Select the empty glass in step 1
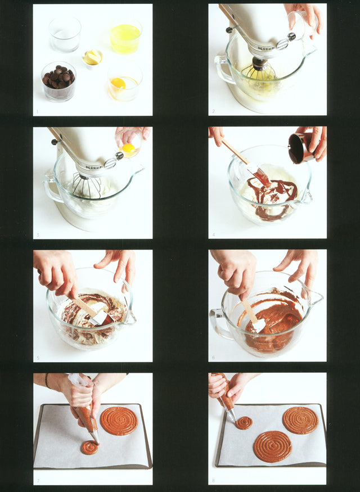tap(65, 34)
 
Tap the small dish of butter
tap(93, 57)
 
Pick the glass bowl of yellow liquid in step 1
tap(125, 37)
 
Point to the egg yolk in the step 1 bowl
tap(119, 83)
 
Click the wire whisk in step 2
tap(259, 73)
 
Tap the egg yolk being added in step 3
tap(129, 148)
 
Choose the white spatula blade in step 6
tap(258, 324)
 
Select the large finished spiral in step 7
tap(119, 421)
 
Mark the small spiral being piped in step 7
tap(89, 448)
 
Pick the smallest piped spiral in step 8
tap(244, 423)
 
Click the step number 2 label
tap(213, 111)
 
